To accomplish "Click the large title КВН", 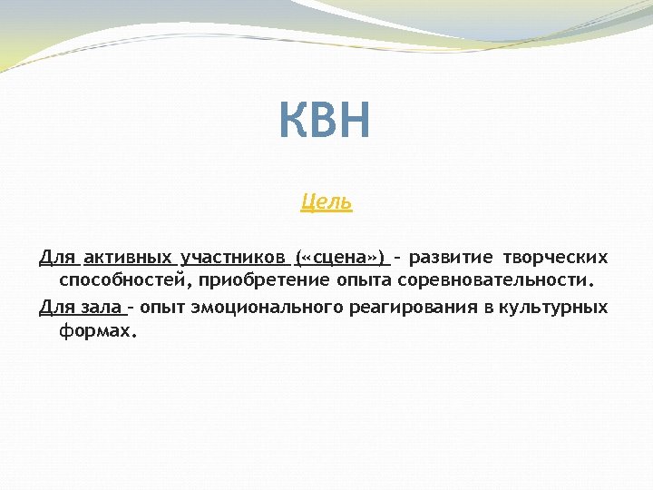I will pos(326,122).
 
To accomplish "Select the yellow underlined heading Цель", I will pos(326,201).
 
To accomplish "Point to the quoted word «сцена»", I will pos(340,258).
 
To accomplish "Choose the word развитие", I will pos(448,258).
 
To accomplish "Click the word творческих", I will pos(555,258).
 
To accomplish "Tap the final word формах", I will pos(98,331).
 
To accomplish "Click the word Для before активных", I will pos(56,258).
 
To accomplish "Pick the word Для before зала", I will pos(56,307).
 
